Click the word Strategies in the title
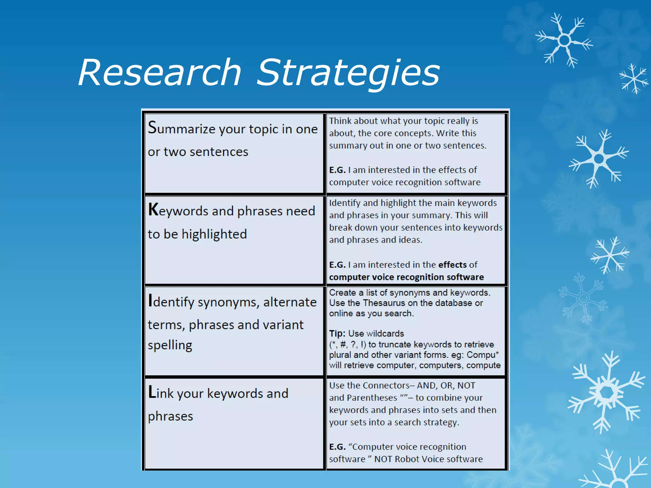point(348,74)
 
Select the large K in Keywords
point(153,210)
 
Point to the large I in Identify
point(150,301)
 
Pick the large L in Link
point(152,392)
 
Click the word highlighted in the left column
point(214,234)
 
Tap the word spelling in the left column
point(170,345)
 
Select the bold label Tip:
point(337,333)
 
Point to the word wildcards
point(385,333)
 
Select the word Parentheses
point(372,398)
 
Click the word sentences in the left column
point(218,152)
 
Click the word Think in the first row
point(340,121)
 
